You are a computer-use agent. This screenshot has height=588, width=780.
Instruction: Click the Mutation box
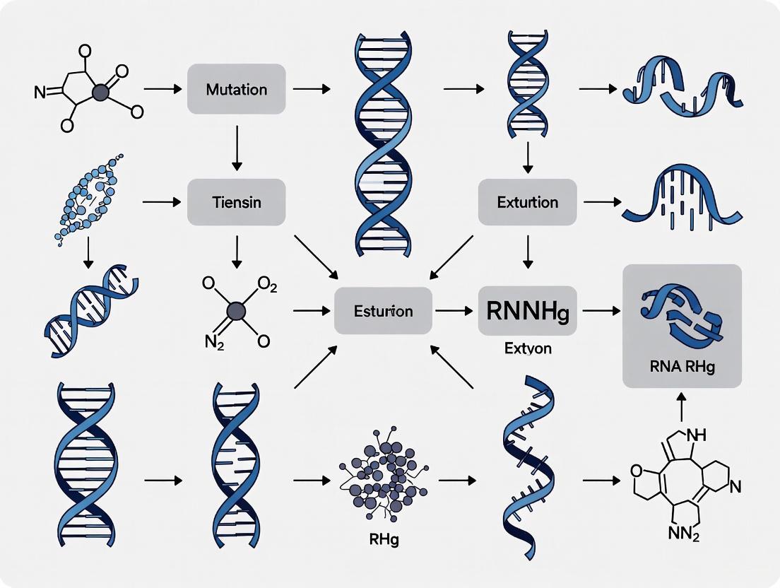point(236,89)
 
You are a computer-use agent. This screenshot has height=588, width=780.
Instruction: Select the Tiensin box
point(236,202)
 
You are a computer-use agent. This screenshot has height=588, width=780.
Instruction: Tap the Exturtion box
point(527,202)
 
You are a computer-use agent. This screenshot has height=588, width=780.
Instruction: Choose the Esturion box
point(382,311)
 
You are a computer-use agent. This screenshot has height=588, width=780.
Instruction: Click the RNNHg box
point(527,311)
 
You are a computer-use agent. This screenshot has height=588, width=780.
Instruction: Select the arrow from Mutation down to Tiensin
point(236,147)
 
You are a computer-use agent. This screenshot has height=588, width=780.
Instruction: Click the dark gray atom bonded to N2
point(236,311)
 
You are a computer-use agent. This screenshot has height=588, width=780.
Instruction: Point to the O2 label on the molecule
point(268,286)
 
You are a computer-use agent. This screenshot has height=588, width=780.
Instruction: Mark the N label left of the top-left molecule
point(40,92)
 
